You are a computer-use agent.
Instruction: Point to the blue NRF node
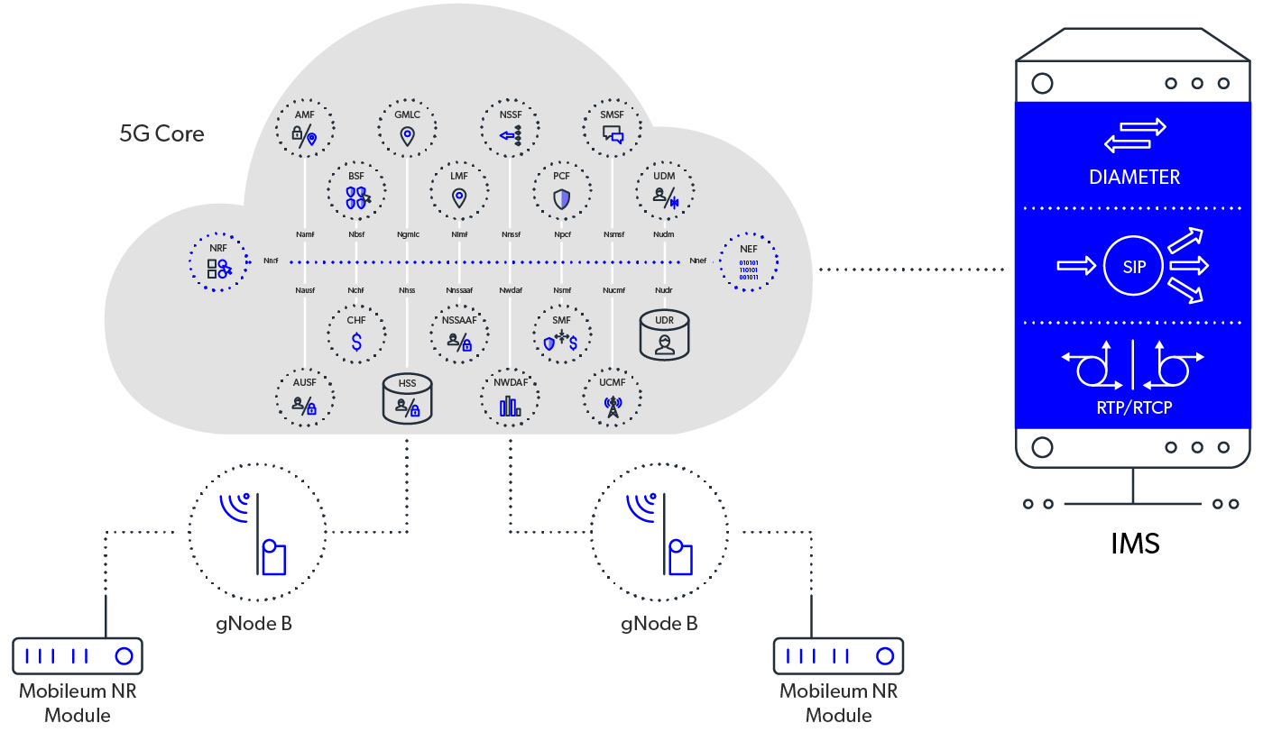point(218,262)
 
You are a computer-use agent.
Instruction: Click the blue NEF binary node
point(749,262)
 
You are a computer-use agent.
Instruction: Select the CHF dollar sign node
point(356,334)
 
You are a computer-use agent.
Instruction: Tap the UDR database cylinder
point(665,334)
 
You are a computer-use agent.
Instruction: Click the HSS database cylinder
point(408,398)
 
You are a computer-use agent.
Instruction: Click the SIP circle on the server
point(1134,265)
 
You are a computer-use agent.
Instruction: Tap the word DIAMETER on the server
point(1134,177)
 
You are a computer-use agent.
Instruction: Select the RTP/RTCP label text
point(1134,407)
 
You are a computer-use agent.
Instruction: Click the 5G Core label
point(162,134)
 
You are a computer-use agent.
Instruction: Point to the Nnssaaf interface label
point(459,290)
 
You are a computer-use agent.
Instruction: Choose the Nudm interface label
point(664,234)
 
